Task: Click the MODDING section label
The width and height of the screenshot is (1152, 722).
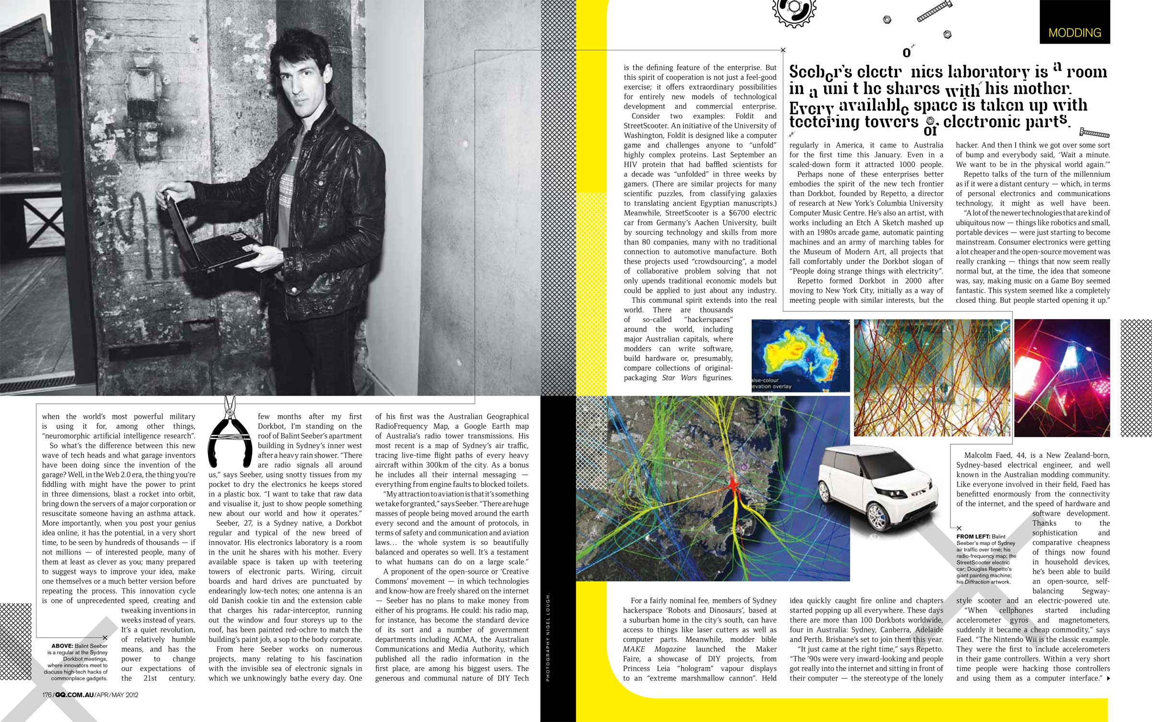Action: click(1075, 33)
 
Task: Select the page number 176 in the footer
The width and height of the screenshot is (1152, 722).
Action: click(47, 695)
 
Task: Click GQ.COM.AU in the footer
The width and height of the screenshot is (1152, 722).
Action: click(74, 695)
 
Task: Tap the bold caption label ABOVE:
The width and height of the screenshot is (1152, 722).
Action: click(62, 646)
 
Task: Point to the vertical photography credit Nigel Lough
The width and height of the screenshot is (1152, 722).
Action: click(548, 638)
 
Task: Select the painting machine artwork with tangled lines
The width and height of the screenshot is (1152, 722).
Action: click(932, 378)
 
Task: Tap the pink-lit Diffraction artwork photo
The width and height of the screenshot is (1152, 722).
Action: click(1062, 378)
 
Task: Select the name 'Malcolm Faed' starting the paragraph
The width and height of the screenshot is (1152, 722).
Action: click(986, 455)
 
